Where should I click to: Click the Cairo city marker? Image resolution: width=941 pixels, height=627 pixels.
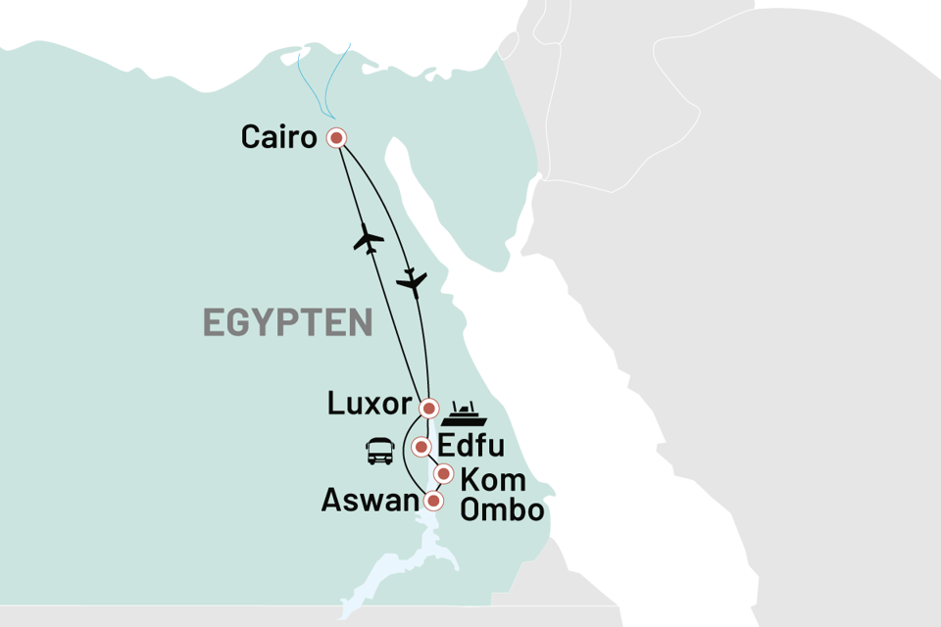pos(337,138)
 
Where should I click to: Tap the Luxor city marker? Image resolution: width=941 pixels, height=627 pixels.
pos(428,408)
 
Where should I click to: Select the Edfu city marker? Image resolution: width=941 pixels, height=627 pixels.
pos(421,447)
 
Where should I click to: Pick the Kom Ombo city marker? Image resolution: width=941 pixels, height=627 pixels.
pos(443,476)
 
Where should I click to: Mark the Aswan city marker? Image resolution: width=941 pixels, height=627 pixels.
pos(432,501)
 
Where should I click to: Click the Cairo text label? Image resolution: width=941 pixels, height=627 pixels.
pos(279,138)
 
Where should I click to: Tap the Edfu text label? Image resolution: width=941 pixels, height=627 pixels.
pos(470,447)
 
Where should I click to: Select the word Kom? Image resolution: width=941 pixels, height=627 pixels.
pos(493,481)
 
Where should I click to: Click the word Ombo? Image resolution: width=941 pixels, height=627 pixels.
pos(503,510)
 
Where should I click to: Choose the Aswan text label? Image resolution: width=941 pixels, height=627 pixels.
pos(370,503)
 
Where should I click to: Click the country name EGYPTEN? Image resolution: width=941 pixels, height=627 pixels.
pos(288,322)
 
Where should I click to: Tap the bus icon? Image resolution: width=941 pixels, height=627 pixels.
pos(380,452)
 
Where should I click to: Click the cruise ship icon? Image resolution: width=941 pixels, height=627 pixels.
pos(464,408)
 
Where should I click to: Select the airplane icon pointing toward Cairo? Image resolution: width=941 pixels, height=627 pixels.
pos(370,238)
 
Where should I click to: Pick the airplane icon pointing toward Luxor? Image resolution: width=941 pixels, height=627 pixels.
pos(413,281)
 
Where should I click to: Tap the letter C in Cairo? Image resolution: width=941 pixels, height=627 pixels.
pos(252,138)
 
